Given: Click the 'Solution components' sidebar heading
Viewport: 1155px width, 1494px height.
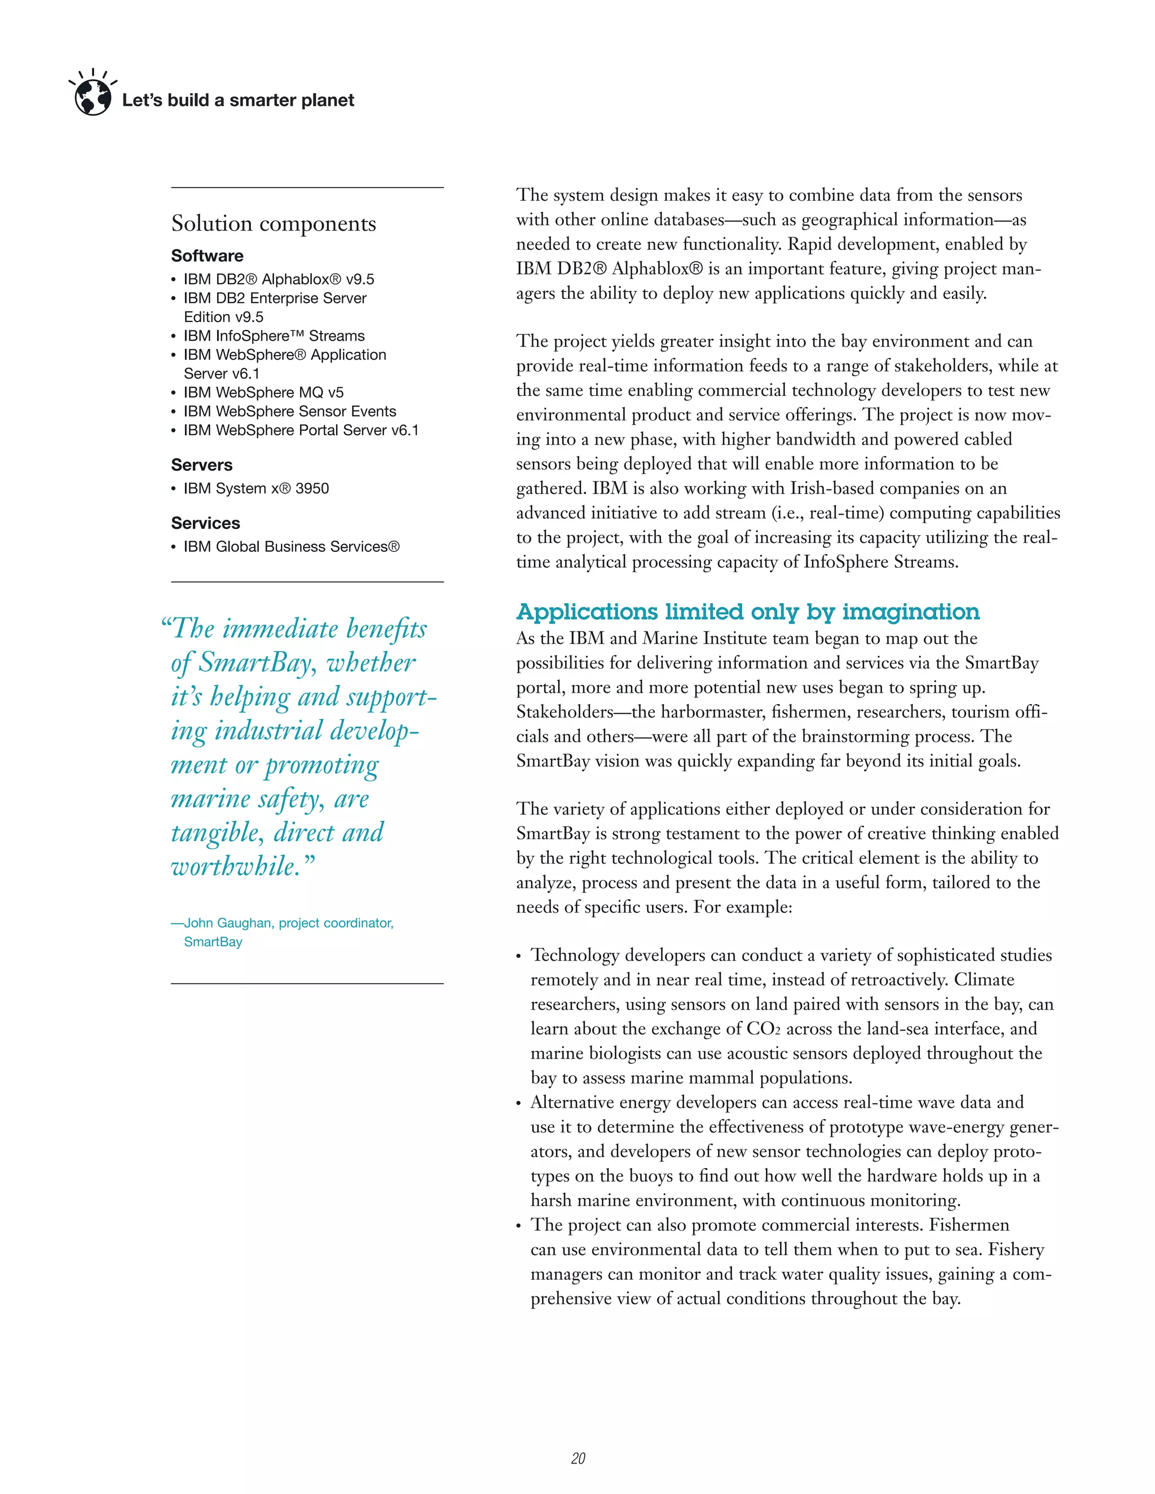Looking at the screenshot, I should [273, 224].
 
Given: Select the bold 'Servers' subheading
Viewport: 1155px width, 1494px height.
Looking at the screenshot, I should [202, 465].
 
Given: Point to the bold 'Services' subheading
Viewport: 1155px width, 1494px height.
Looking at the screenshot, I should [205, 523].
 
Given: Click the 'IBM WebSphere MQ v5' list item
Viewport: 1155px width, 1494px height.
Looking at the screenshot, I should [263, 392].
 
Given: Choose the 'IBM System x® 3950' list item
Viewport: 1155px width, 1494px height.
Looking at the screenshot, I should [256, 488].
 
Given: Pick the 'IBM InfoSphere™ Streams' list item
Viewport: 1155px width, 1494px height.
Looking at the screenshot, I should [274, 336].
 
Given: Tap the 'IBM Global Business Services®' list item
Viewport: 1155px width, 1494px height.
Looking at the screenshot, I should [291, 546].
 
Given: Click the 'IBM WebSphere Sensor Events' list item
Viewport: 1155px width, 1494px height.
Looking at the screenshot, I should [289, 411].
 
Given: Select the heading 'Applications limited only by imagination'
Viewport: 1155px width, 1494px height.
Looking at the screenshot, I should [748, 612].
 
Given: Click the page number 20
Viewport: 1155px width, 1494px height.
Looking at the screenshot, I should [578, 1458].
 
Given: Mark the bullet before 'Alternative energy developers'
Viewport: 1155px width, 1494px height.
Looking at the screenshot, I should [519, 1104].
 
